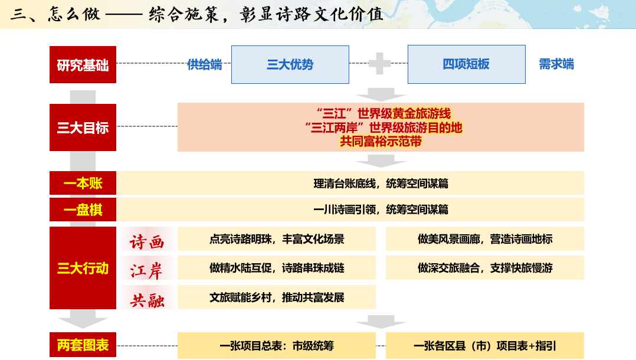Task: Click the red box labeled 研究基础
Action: point(83,64)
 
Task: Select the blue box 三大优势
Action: point(290,64)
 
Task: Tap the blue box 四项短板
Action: point(467,64)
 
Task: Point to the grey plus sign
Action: point(380,63)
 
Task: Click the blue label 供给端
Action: point(204,64)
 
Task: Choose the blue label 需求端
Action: point(556,64)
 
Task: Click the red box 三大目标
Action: point(83,127)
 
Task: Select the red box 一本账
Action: point(83,183)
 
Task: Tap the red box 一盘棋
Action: point(83,210)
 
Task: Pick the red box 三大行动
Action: point(83,268)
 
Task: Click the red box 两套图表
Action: point(83,345)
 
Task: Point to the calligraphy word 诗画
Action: point(147,242)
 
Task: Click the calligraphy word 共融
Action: point(147,300)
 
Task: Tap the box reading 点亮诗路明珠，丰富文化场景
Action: point(277,238)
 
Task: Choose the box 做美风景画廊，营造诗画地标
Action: point(485,238)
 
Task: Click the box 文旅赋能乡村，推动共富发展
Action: point(277,297)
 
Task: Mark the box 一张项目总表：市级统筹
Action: point(277,345)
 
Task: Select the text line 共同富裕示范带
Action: point(381,141)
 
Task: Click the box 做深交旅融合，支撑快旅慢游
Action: point(485,267)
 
